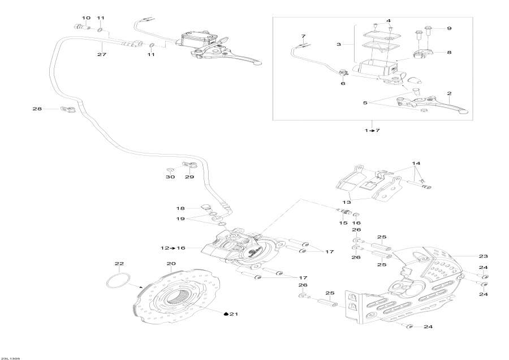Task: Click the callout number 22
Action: click(119, 264)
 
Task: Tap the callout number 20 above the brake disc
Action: click(171, 264)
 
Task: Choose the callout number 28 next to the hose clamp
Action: click(37, 108)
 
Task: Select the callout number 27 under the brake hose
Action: click(102, 55)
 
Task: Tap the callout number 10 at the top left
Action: click(86, 18)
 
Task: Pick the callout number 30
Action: click(170, 177)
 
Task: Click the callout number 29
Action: click(189, 177)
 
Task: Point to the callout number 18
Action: click(181, 208)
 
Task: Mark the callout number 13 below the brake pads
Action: click(346, 202)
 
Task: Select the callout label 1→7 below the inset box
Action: click(372, 131)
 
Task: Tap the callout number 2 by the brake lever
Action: click(449, 93)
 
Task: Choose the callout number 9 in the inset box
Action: click(450, 28)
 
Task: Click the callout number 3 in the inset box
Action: click(338, 44)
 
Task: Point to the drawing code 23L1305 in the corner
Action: click(11, 357)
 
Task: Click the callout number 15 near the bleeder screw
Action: click(343, 223)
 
